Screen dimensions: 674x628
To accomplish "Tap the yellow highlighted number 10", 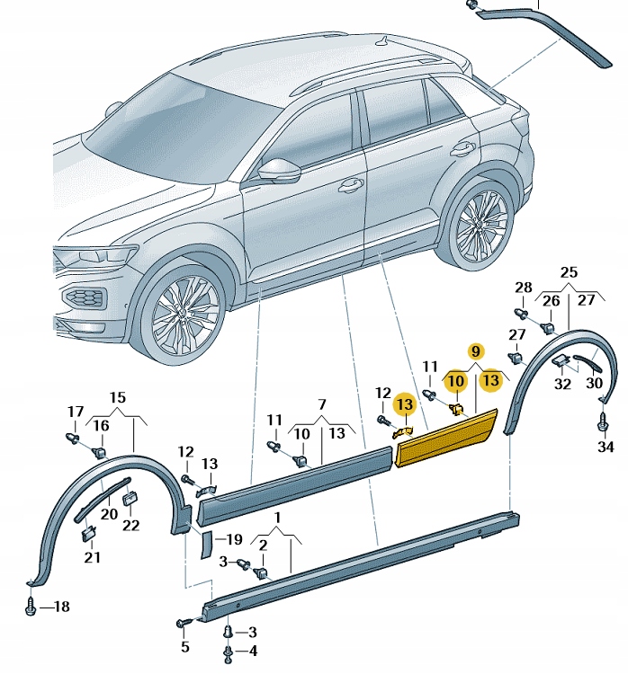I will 457,381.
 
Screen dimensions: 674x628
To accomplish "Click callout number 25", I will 569,271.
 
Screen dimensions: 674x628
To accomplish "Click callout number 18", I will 60,607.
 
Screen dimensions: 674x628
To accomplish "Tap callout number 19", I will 233,540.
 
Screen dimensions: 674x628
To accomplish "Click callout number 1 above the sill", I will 278,518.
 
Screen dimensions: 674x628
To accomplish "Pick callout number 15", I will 118,397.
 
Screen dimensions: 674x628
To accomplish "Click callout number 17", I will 75,412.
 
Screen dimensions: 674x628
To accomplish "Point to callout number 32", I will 562,384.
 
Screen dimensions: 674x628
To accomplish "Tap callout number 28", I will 523,288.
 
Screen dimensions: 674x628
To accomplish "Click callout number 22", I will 131,525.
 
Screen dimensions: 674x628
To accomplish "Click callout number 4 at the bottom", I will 252,651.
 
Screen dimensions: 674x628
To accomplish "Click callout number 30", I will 595,383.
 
